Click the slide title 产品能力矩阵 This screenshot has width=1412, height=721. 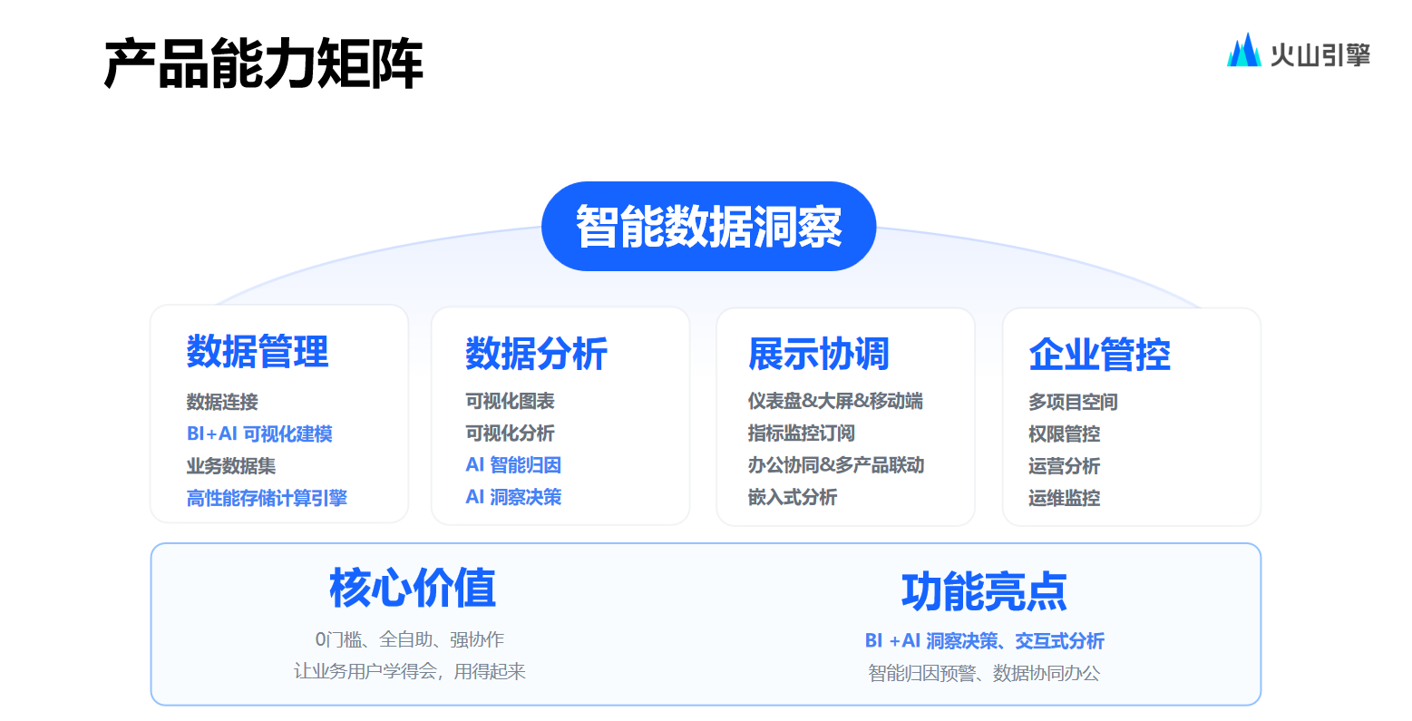[x=264, y=63]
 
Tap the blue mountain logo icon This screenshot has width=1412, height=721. [x=1243, y=51]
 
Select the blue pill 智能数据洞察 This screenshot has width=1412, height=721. [x=708, y=226]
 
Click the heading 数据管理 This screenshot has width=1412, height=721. [x=258, y=351]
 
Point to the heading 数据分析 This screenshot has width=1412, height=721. [x=537, y=353]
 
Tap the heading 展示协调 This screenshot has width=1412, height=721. [x=819, y=354]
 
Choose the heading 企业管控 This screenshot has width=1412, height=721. [x=1100, y=355]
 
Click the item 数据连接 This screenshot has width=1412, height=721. [x=222, y=402]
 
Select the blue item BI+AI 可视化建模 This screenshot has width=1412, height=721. [x=259, y=434]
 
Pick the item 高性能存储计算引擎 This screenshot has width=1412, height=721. [x=267, y=498]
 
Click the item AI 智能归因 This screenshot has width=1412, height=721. [x=513, y=465]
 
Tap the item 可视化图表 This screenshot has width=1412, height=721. [x=510, y=401]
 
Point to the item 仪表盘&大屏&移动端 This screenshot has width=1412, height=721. [x=835, y=401]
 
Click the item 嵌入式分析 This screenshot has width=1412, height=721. [x=793, y=497]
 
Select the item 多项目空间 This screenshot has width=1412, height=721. [x=1073, y=402]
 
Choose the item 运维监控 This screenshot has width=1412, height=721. [x=1064, y=498]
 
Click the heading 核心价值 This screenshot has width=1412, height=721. [x=413, y=588]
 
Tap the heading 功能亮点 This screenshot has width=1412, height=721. [x=984, y=591]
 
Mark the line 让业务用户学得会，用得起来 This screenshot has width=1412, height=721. [x=410, y=671]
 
